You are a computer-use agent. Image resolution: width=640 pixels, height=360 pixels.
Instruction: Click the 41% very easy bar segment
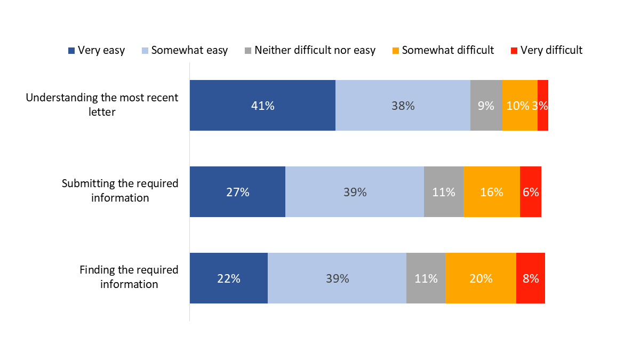(x=262, y=106)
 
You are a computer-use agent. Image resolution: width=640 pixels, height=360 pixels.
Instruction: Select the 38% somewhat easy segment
(x=403, y=106)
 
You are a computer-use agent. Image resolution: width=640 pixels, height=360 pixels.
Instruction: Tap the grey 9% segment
(x=486, y=106)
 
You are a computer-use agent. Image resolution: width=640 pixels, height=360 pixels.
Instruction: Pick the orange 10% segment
(x=519, y=106)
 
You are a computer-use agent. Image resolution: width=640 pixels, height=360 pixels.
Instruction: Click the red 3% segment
(x=543, y=106)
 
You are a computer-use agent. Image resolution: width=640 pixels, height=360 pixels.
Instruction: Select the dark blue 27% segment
(x=237, y=192)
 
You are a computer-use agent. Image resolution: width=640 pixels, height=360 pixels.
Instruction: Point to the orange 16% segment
(x=491, y=192)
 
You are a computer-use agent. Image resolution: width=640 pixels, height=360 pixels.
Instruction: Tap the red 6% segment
(x=531, y=192)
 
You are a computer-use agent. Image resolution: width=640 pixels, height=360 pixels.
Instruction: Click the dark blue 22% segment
(x=228, y=278)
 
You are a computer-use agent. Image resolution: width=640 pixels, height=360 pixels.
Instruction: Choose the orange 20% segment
(x=481, y=278)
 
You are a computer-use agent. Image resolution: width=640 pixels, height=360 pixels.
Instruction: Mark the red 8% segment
(x=531, y=278)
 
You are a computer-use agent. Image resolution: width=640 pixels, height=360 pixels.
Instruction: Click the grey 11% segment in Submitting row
(x=444, y=192)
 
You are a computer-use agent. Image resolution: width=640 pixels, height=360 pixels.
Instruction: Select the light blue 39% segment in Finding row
(x=337, y=278)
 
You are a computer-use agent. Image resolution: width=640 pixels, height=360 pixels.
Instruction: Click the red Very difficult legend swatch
(x=514, y=51)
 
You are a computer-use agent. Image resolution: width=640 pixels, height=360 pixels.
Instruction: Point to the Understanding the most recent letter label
(x=102, y=105)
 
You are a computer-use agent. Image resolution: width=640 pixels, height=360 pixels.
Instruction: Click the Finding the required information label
(x=129, y=277)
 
